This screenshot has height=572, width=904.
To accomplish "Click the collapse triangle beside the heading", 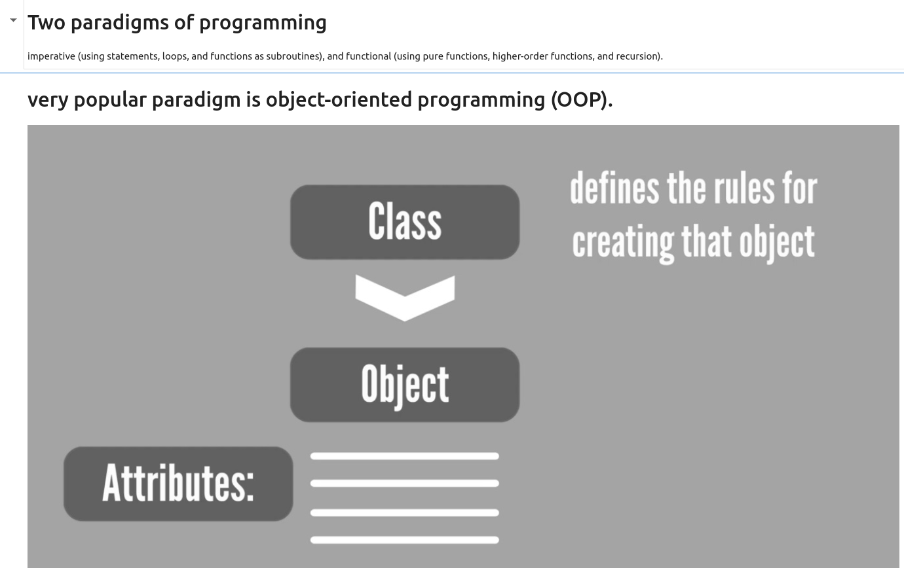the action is coord(13,20).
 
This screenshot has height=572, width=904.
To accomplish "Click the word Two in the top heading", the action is coord(47,22).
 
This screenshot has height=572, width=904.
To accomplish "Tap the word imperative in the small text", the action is coord(51,56).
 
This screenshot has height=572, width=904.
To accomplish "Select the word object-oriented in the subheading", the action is coord(339,100).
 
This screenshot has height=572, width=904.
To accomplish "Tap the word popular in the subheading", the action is coord(110,100).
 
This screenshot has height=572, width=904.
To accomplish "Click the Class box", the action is coord(405,222).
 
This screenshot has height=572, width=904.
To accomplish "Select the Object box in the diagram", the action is coord(405,385).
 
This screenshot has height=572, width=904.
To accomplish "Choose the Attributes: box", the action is coord(178,484).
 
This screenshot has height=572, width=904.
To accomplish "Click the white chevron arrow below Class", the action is coord(405,299).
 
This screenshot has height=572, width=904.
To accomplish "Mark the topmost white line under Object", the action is coord(405,456).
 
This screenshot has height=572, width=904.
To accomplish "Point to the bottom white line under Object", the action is coord(405,540).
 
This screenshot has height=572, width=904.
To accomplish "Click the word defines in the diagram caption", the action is coord(614,188).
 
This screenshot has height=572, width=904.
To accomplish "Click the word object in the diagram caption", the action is coord(777,243).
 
